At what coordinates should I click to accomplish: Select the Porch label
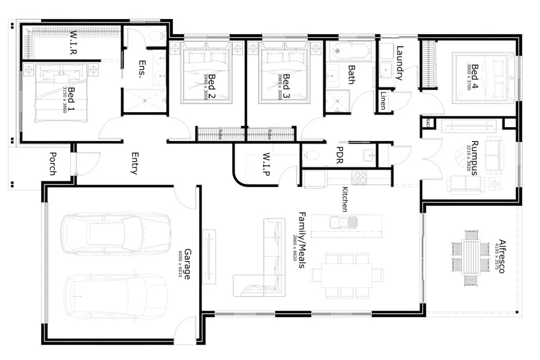(52, 163)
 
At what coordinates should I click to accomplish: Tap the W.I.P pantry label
(267, 165)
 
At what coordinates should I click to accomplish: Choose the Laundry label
(400, 63)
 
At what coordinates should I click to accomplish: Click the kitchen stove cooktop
(359, 178)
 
